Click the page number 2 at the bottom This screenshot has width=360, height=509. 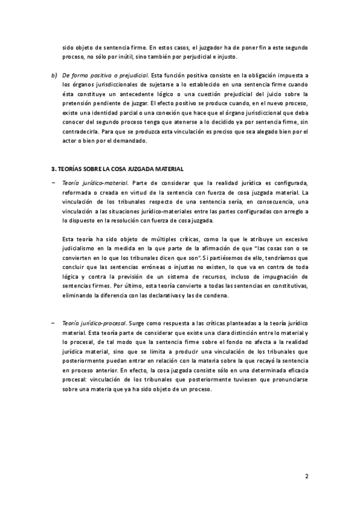(307, 478)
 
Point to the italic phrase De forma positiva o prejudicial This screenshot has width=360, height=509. (106, 75)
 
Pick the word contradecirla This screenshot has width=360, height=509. (82, 132)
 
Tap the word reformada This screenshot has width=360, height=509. (80, 193)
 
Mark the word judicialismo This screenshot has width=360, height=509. (81, 249)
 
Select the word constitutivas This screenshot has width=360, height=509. (289, 287)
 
